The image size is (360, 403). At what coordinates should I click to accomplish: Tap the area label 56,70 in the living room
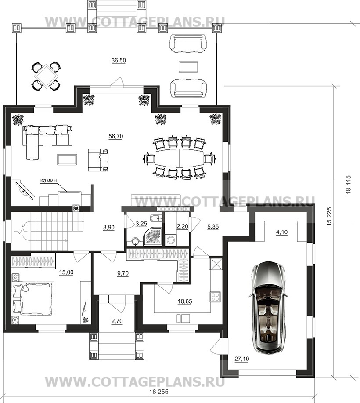[x=115, y=136]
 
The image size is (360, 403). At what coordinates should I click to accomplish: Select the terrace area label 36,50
[x=119, y=61]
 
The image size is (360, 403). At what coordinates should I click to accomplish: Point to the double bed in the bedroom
[x=33, y=299]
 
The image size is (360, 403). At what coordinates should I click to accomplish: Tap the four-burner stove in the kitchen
[x=215, y=297]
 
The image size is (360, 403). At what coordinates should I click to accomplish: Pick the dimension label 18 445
[x=349, y=185]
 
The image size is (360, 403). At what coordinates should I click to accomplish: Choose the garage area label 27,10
[x=242, y=359]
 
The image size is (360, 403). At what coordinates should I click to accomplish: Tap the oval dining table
[x=179, y=157]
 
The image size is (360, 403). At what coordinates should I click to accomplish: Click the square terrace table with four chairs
[x=46, y=76]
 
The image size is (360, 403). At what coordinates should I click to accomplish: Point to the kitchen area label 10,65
[x=185, y=301]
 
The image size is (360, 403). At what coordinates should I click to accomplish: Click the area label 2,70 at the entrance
[x=117, y=321]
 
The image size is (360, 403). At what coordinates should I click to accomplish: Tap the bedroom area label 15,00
[x=66, y=272]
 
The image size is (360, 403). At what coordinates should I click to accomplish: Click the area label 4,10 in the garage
[x=282, y=232]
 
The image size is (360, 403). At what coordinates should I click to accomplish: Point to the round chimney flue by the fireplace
[x=76, y=208]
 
